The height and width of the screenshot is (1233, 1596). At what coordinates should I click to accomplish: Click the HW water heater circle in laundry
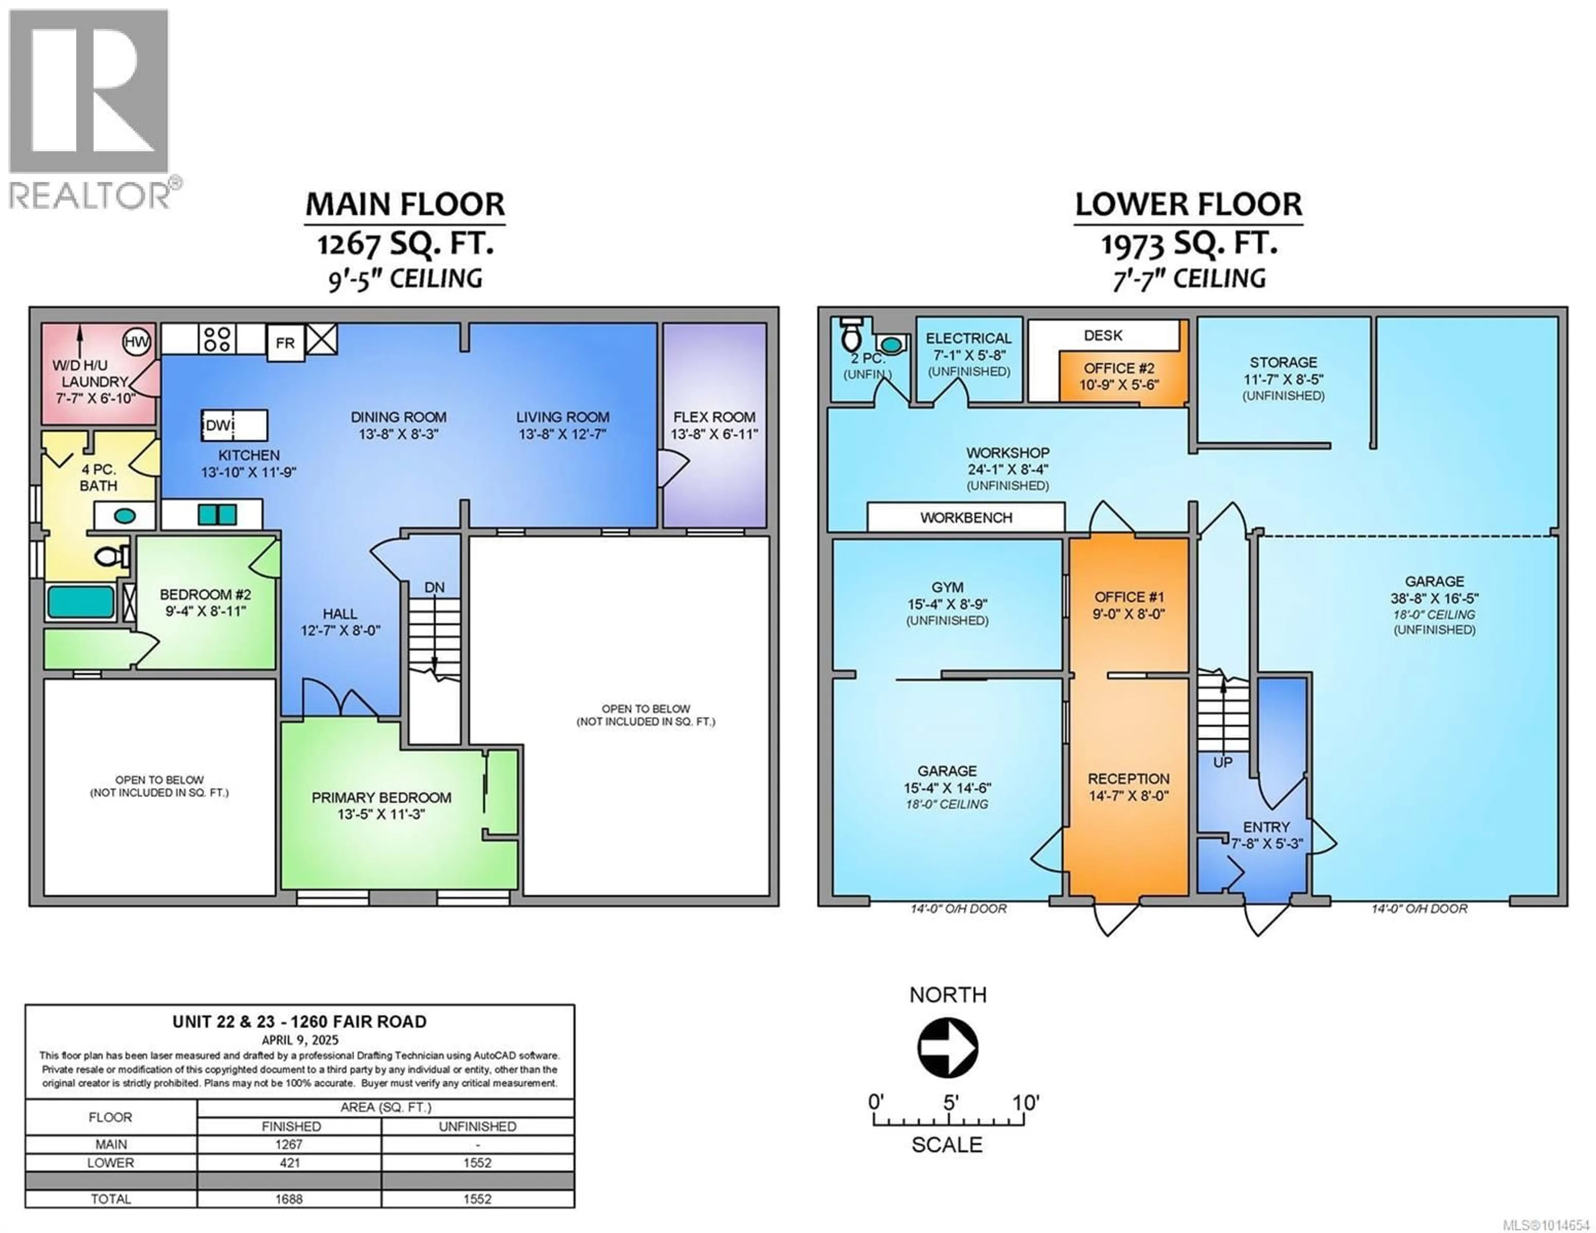click(136, 341)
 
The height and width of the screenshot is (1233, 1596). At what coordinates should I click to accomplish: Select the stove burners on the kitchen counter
click(217, 339)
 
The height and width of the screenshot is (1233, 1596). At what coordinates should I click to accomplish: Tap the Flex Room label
click(714, 417)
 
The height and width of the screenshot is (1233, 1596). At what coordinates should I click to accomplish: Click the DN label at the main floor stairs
click(434, 588)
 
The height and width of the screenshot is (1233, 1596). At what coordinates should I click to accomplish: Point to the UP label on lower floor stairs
click(1223, 762)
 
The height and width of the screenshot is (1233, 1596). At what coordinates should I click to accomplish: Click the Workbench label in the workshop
click(966, 517)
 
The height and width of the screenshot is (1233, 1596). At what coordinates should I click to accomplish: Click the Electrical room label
click(968, 338)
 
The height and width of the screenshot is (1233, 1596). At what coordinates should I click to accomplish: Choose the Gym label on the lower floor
click(947, 588)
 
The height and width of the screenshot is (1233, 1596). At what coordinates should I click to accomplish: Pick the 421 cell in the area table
click(289, 1163)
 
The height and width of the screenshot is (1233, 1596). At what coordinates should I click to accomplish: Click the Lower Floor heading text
click(1188, 204)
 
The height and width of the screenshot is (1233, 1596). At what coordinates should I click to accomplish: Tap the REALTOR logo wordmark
click(90, 195)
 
